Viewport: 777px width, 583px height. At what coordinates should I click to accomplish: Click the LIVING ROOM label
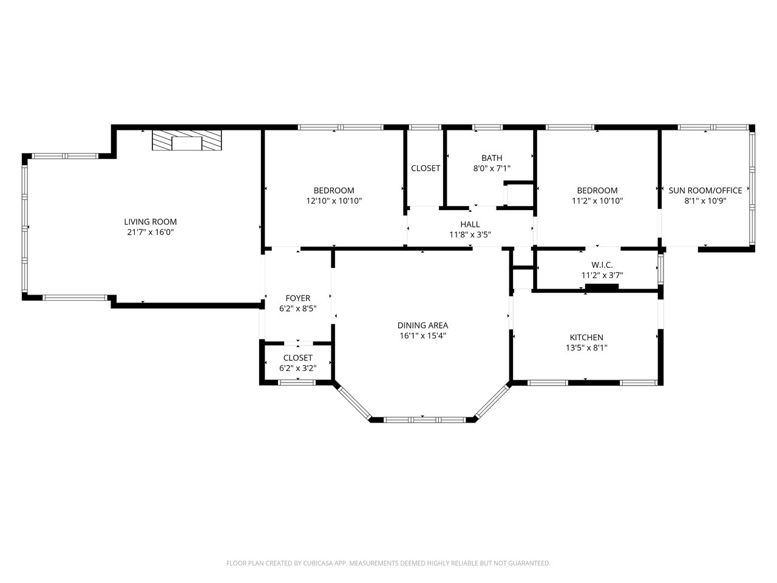pos(151,222)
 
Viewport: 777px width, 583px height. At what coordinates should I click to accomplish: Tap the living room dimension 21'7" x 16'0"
pos(151,232)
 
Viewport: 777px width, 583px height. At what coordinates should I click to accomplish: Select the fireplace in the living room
pos(187,140)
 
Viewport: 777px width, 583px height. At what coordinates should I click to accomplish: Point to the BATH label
pos(492,158)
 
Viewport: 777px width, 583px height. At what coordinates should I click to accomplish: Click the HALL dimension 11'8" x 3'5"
pos(470,234)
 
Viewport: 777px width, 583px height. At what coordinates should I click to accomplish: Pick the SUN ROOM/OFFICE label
pos(705,191)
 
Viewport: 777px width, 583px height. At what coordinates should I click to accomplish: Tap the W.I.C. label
pos(602,265)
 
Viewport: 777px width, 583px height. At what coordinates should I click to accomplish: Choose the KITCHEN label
pos(586,337)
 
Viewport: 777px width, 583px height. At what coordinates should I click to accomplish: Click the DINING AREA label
pos(422,326)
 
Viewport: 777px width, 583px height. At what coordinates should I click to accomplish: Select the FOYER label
pos(297,298)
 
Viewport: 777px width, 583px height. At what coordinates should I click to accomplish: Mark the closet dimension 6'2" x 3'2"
pos(297,368)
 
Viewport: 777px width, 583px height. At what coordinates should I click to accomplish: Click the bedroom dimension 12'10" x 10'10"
pos(334,201)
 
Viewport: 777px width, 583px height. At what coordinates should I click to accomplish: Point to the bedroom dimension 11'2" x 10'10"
pos(597,201)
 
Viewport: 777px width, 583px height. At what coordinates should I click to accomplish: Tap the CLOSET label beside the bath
pos(426,168)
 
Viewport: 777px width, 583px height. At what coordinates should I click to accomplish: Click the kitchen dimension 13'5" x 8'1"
pos(586,347)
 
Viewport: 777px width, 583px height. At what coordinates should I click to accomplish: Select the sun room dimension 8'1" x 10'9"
pos(705,201)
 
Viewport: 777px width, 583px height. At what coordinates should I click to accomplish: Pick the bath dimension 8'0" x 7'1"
pos(492,168)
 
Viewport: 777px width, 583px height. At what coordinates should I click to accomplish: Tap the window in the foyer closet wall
pos(297,383)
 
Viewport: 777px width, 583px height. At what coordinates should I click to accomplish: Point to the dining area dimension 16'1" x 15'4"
pos(422,336)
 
